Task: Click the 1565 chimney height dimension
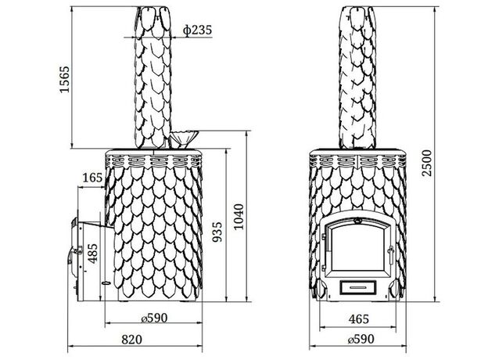click(x=65, y=79)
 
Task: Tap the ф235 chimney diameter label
click(x=197, y=30)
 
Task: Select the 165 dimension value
click(x=92, y=178)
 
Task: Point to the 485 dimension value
click(x=92, y=254)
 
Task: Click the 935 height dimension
click(x=217, y=232)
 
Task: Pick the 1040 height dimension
click(x=239, y=217)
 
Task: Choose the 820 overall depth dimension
click(x=131, y=340)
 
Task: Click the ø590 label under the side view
click(x=154, y=318)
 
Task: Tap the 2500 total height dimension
click(x=427, y=163)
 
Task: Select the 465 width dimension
click(x=358, y=319)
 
